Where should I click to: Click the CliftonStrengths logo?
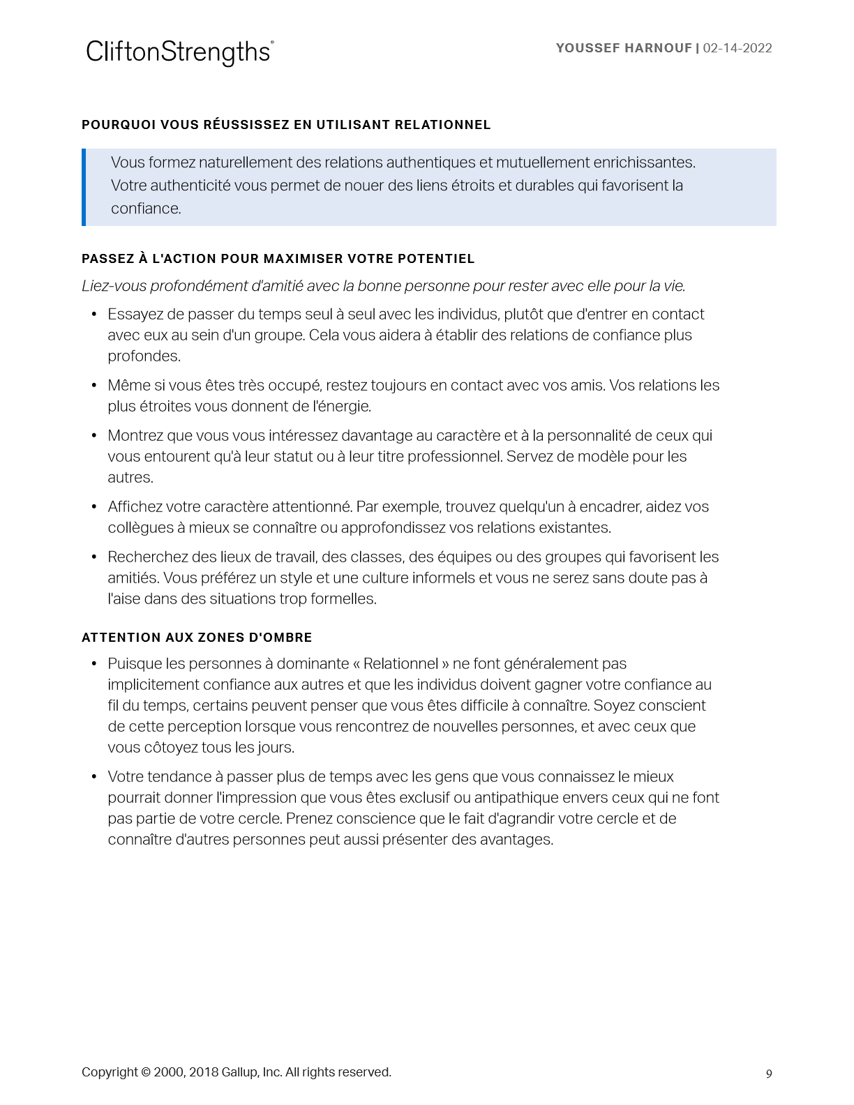coord(179,52)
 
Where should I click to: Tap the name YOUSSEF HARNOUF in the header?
coord(624,48)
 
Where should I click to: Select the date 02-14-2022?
coord(737,48)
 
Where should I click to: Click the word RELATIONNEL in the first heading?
coord(442,125)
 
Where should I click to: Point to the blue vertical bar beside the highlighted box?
coord(84,187)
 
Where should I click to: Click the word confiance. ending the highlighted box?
coord(146,209)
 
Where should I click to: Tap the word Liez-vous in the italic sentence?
coord(112,286)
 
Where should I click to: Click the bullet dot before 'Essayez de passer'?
coord(94,315)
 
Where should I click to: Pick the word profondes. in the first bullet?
coord(144,356)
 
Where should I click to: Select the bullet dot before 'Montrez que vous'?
coord(94,436)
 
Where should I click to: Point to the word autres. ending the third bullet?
coord(130,478)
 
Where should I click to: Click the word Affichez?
coord(135,507)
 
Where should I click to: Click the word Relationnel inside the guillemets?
coord(400,663)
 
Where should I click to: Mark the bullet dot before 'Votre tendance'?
coord(94,777)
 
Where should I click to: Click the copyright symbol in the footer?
coord(146,1072)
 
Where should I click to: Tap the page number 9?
coord(769,1074)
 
